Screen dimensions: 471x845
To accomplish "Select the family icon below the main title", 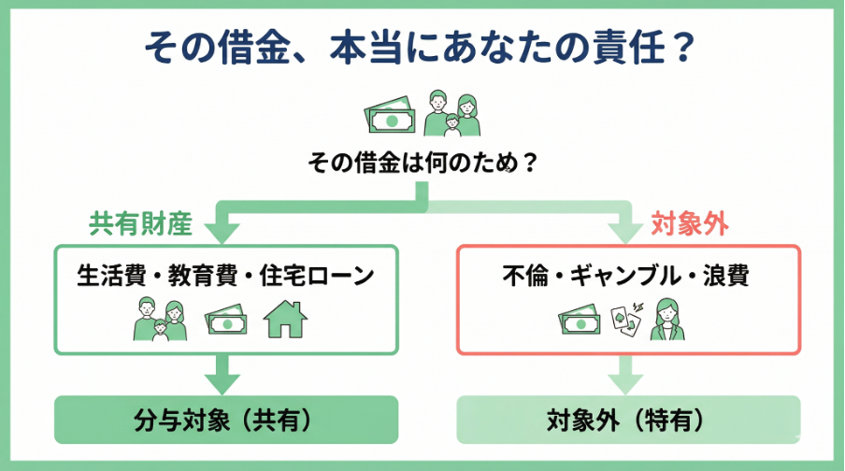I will coord(451,114).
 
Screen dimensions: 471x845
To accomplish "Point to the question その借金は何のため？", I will coord(423,164).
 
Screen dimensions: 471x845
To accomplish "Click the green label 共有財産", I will coord(140,223).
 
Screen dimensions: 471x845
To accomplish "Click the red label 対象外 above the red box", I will coord(689,223).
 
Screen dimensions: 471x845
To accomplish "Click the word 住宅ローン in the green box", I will coord(313,276).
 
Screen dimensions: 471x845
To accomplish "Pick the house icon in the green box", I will coord(286,321).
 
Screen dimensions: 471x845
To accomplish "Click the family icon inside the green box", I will coord(160,321).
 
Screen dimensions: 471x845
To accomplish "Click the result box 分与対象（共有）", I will coord(226,420).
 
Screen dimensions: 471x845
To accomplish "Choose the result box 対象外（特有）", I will coord(627,420).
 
